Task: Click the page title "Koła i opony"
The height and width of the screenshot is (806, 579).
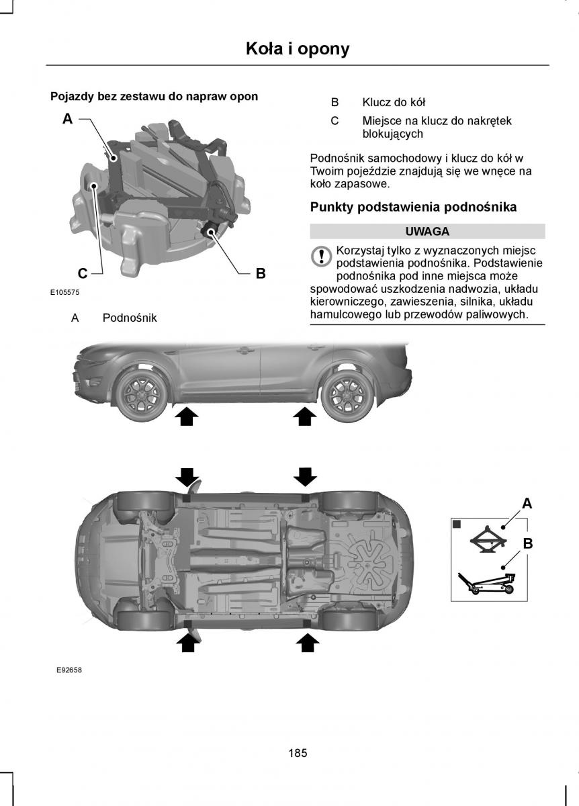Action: [298, 48]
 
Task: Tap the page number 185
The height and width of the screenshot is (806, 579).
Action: [298, 753]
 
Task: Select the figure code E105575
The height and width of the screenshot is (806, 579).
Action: [64, 293]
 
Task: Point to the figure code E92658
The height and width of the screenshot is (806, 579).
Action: [64, 670]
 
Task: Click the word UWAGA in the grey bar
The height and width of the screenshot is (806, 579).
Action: [427, 231]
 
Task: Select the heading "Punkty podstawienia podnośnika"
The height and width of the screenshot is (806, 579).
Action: [413, 207]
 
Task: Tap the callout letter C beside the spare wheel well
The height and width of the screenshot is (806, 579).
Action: [82, 273]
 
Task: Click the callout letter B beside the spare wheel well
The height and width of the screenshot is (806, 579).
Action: [261, 273]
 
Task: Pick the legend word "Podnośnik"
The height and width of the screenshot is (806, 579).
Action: [130, 318]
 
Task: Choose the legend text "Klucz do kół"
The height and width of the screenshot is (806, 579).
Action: [394, 103]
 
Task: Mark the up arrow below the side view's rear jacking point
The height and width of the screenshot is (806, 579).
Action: [305, 418]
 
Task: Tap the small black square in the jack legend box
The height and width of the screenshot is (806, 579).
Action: [456, 523]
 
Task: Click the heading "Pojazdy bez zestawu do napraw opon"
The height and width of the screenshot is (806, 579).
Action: [154, 97]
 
